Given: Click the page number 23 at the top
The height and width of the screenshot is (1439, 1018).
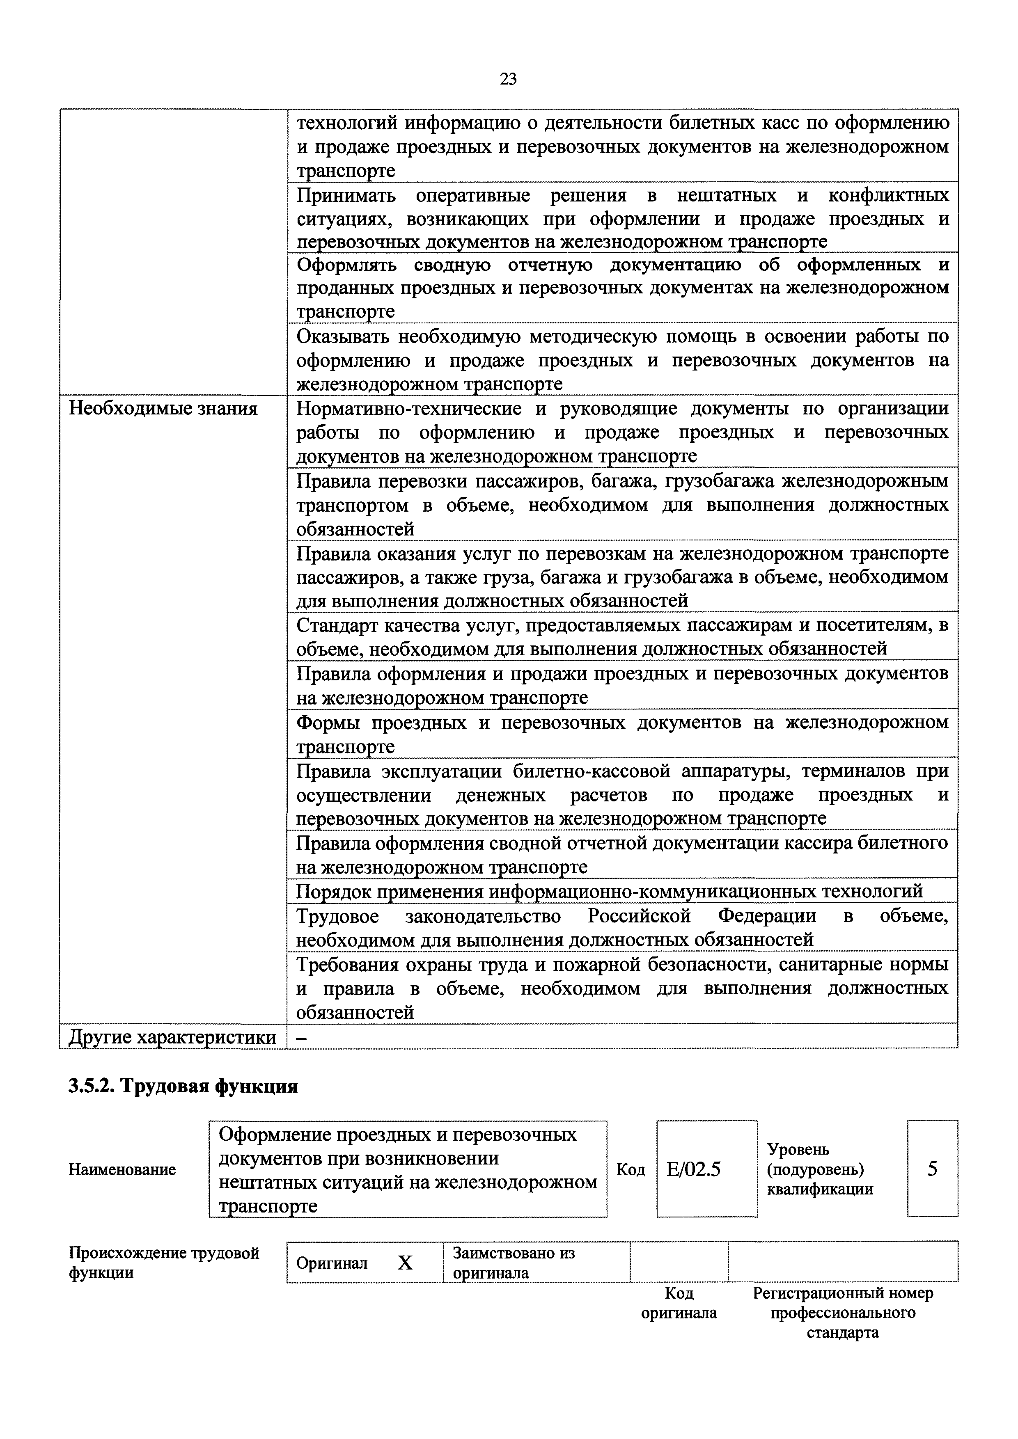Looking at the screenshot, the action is [x=508, y=79].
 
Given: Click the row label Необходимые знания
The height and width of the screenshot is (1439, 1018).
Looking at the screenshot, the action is [x=163, y=409].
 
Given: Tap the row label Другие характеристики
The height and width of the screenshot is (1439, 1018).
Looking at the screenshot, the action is [x=172, y=1037].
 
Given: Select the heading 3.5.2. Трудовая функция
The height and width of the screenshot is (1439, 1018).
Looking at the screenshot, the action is [x=183, y=1086].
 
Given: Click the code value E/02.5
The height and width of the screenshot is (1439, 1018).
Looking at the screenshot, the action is [x=694, y=1169].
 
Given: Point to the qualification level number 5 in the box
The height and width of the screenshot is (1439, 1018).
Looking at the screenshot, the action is [x=932, y=1169].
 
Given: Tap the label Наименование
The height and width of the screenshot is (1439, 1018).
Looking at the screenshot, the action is [x=122, y=1169].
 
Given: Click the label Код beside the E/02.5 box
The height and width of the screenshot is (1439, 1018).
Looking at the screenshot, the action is [x=631, y=1169].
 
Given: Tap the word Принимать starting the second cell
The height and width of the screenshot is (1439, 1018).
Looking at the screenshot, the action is [x=346, y=196].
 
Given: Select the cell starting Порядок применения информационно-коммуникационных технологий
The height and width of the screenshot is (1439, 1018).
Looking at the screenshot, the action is [x=609, y=890].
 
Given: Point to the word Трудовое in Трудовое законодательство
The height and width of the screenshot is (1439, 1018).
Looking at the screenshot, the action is [x=338, y=916].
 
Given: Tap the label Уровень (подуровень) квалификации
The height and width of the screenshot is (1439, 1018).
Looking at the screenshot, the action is [x=820, y=1169].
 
